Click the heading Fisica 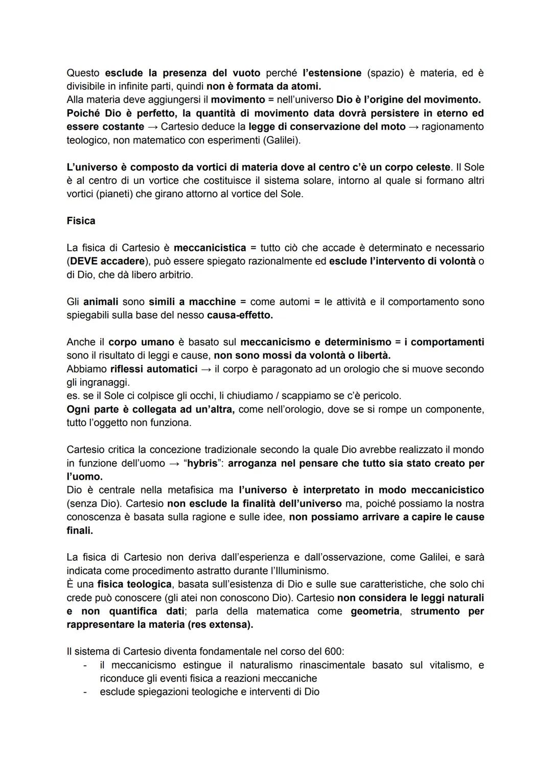(x=81, y=221)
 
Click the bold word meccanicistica (x=210, y=248)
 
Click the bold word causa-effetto (x=239, y=315)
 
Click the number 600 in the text (x=334, y=652)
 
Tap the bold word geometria (x=374, y=611)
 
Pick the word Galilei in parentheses (x=281, y=140)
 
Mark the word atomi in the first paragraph (x=305, y=86)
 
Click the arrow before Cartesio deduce (x=152, y=127)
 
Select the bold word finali (x=80, y=530)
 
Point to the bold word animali (x=101, y=302)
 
